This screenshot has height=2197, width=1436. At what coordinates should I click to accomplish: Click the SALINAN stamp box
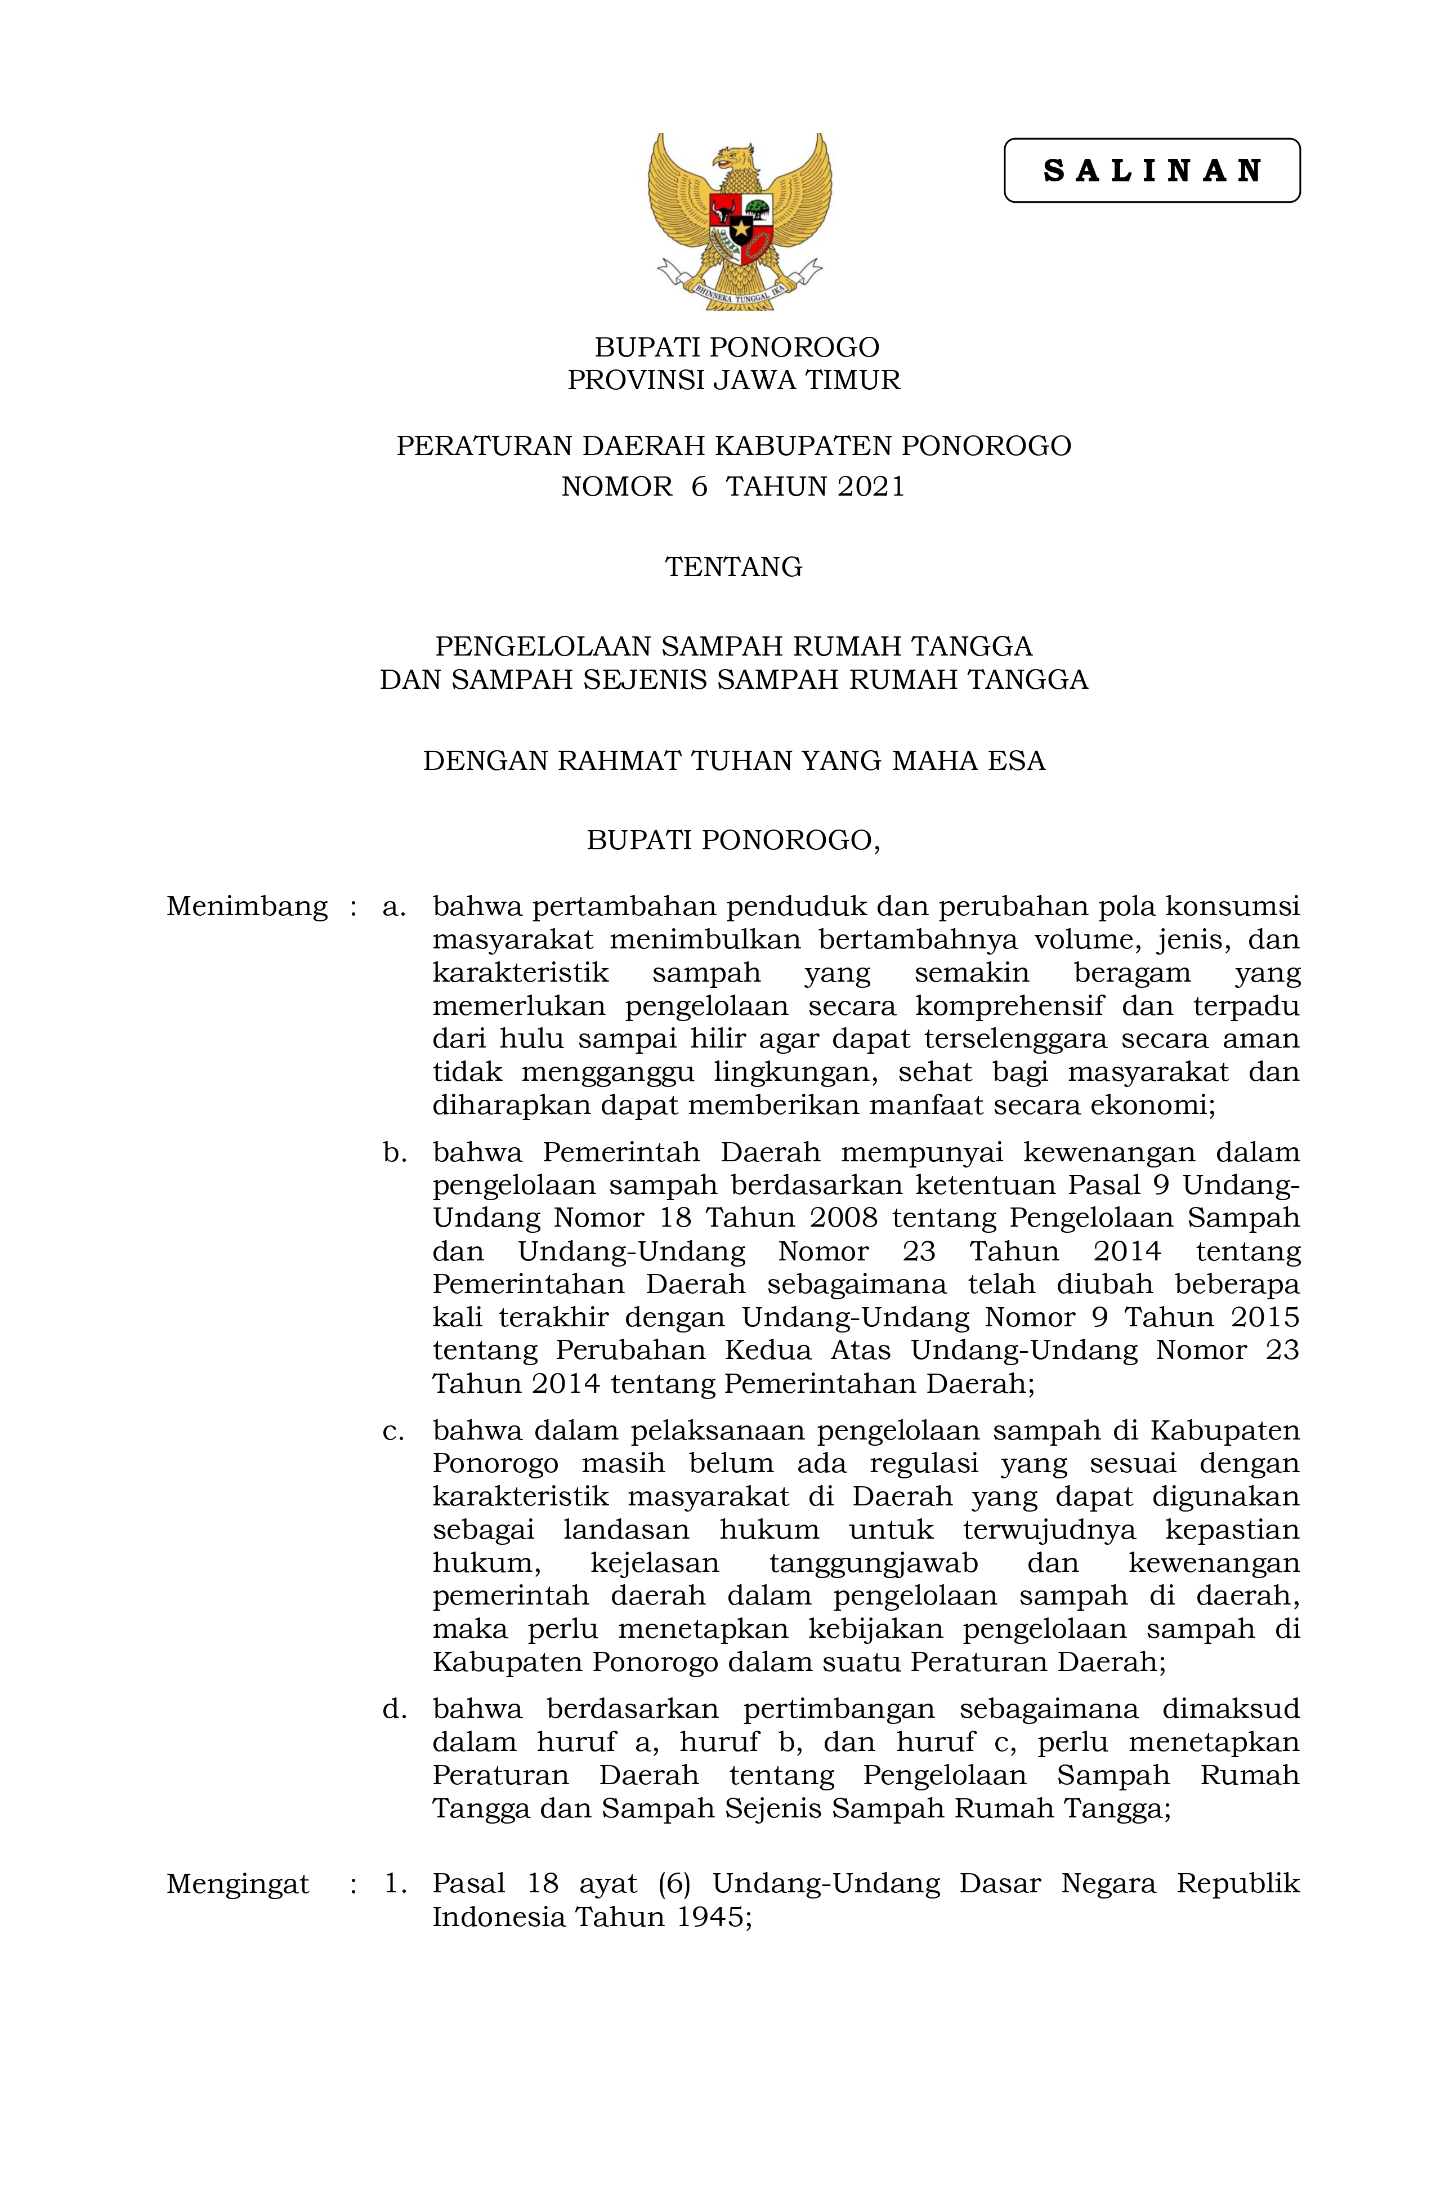[x=1151, y=171]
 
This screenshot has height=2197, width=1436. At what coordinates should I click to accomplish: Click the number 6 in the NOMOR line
[x=699, y=487]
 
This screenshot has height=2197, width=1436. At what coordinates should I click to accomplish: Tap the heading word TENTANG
[x=733, y=567]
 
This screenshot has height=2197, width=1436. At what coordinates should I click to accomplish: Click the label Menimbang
[x=247, y=907]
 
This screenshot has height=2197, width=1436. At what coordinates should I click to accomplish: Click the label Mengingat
[x=237, y=1884]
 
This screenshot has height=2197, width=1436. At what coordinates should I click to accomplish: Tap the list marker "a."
[x=394, y=907]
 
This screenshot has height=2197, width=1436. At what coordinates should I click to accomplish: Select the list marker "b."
[x=394, y=1152]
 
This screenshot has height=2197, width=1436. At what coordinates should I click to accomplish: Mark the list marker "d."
[x=394, y=1710]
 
